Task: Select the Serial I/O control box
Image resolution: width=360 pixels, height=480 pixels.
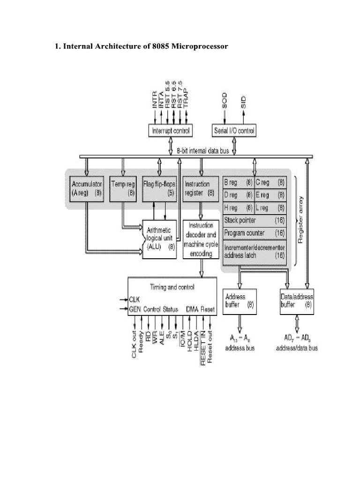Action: pyautogui.click(x=234, y=131)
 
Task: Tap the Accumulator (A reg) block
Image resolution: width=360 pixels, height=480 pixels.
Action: pyautogui.click(x=86, y=188)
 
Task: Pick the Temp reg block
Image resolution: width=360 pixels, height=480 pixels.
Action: pyautogui.click(x=123, y=188)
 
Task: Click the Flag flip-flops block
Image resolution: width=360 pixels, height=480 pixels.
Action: pyautogui.click(x=160, y=188)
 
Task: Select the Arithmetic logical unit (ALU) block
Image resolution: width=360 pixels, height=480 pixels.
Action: pyautogui.click(x=159, y=239)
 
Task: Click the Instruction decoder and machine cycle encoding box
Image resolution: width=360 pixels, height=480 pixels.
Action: pyautogui.click(x=201, y=239)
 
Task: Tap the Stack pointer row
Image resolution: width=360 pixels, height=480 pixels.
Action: pyautogui.click(x=255, y=220)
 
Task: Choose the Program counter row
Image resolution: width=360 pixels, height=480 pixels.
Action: pyautogui.click(x=255, y=232)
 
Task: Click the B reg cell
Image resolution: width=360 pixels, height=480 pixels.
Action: pyautogui.click(x=239, y=181)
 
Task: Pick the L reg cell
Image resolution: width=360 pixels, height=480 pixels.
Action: pyautogui.click(x=270, y=207)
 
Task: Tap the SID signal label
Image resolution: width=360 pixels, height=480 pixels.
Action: pyautogui.click(x=243, y=101)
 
